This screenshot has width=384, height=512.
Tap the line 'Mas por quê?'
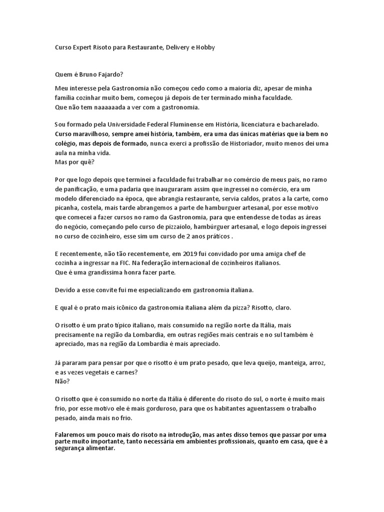(71, 162)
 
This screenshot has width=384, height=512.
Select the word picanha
(67, 208)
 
